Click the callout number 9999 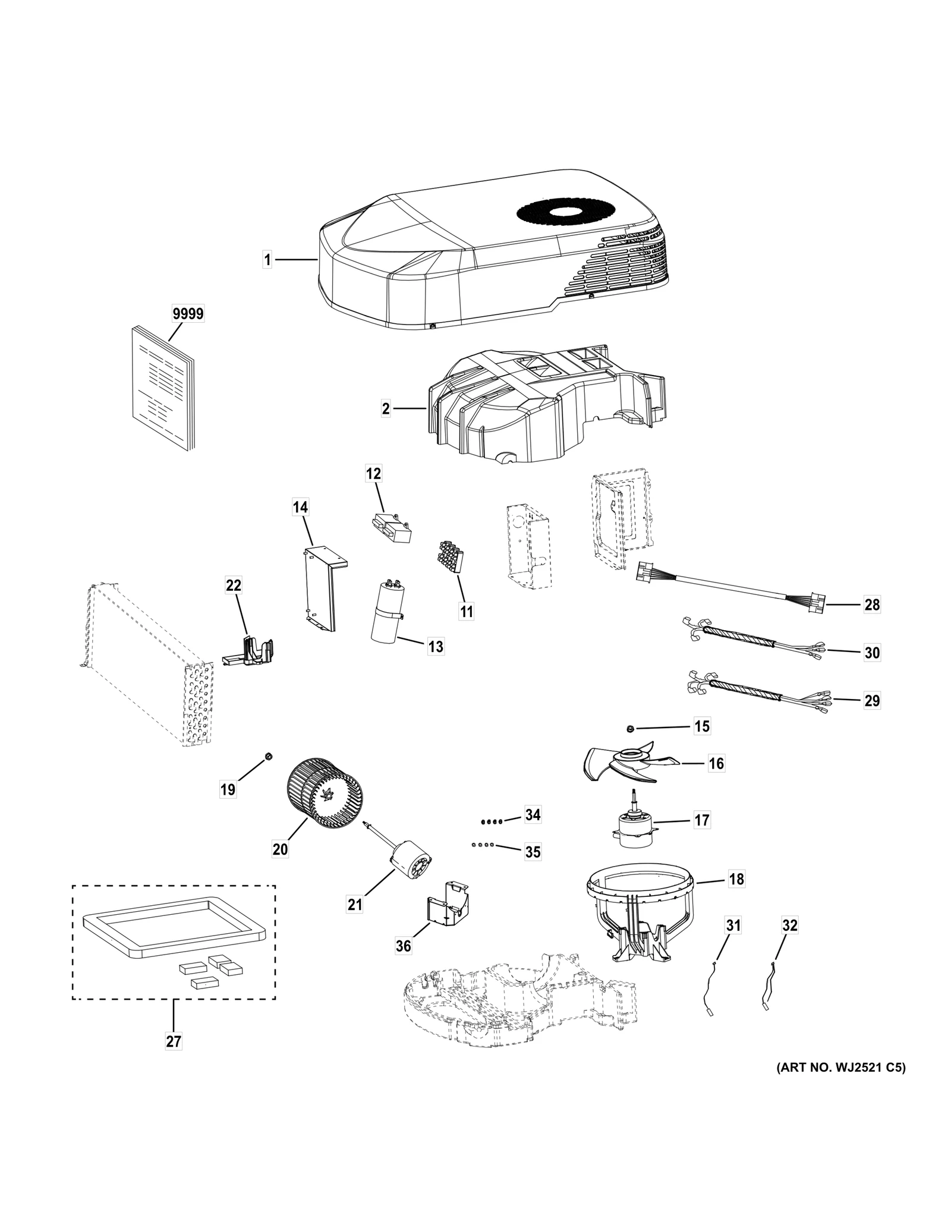tap(187, 313)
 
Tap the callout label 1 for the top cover tap(267, 260)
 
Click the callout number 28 tap(872, 605)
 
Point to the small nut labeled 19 tap(268, 756)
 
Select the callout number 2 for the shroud tap(386, 408)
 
